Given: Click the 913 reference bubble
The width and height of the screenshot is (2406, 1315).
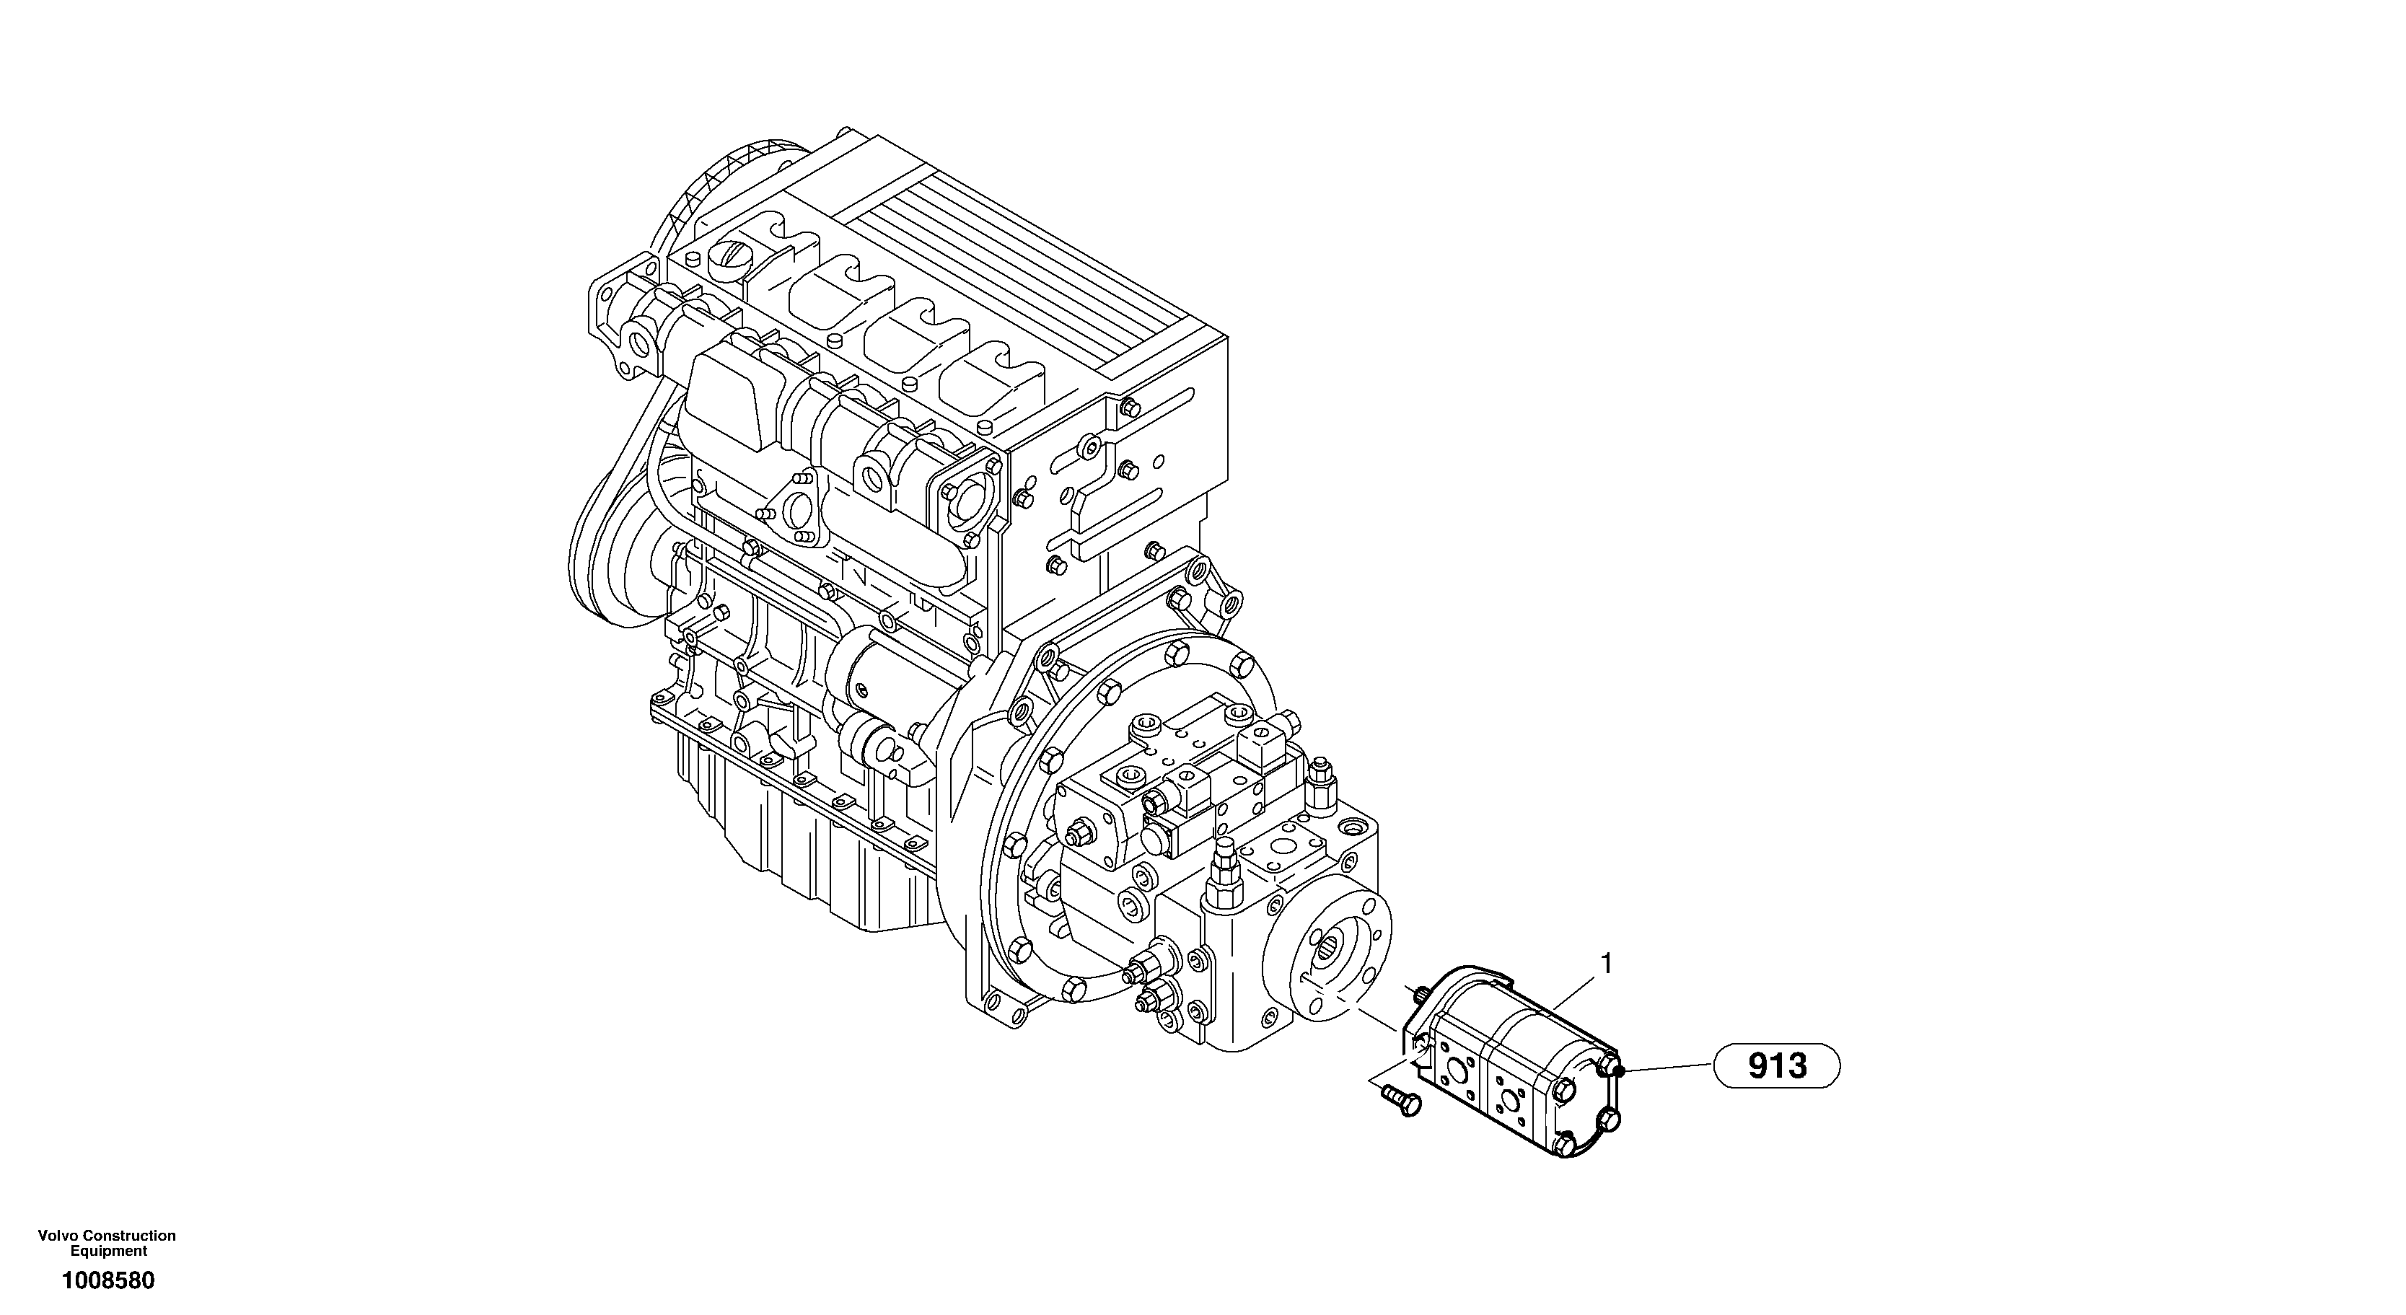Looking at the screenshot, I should point(1775,1065).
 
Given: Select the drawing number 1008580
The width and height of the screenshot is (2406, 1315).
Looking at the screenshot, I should point(108,1280).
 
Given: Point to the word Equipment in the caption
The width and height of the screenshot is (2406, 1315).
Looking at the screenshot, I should point(108,1252).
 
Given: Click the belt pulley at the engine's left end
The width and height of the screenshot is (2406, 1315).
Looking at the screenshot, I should point(607,560).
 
